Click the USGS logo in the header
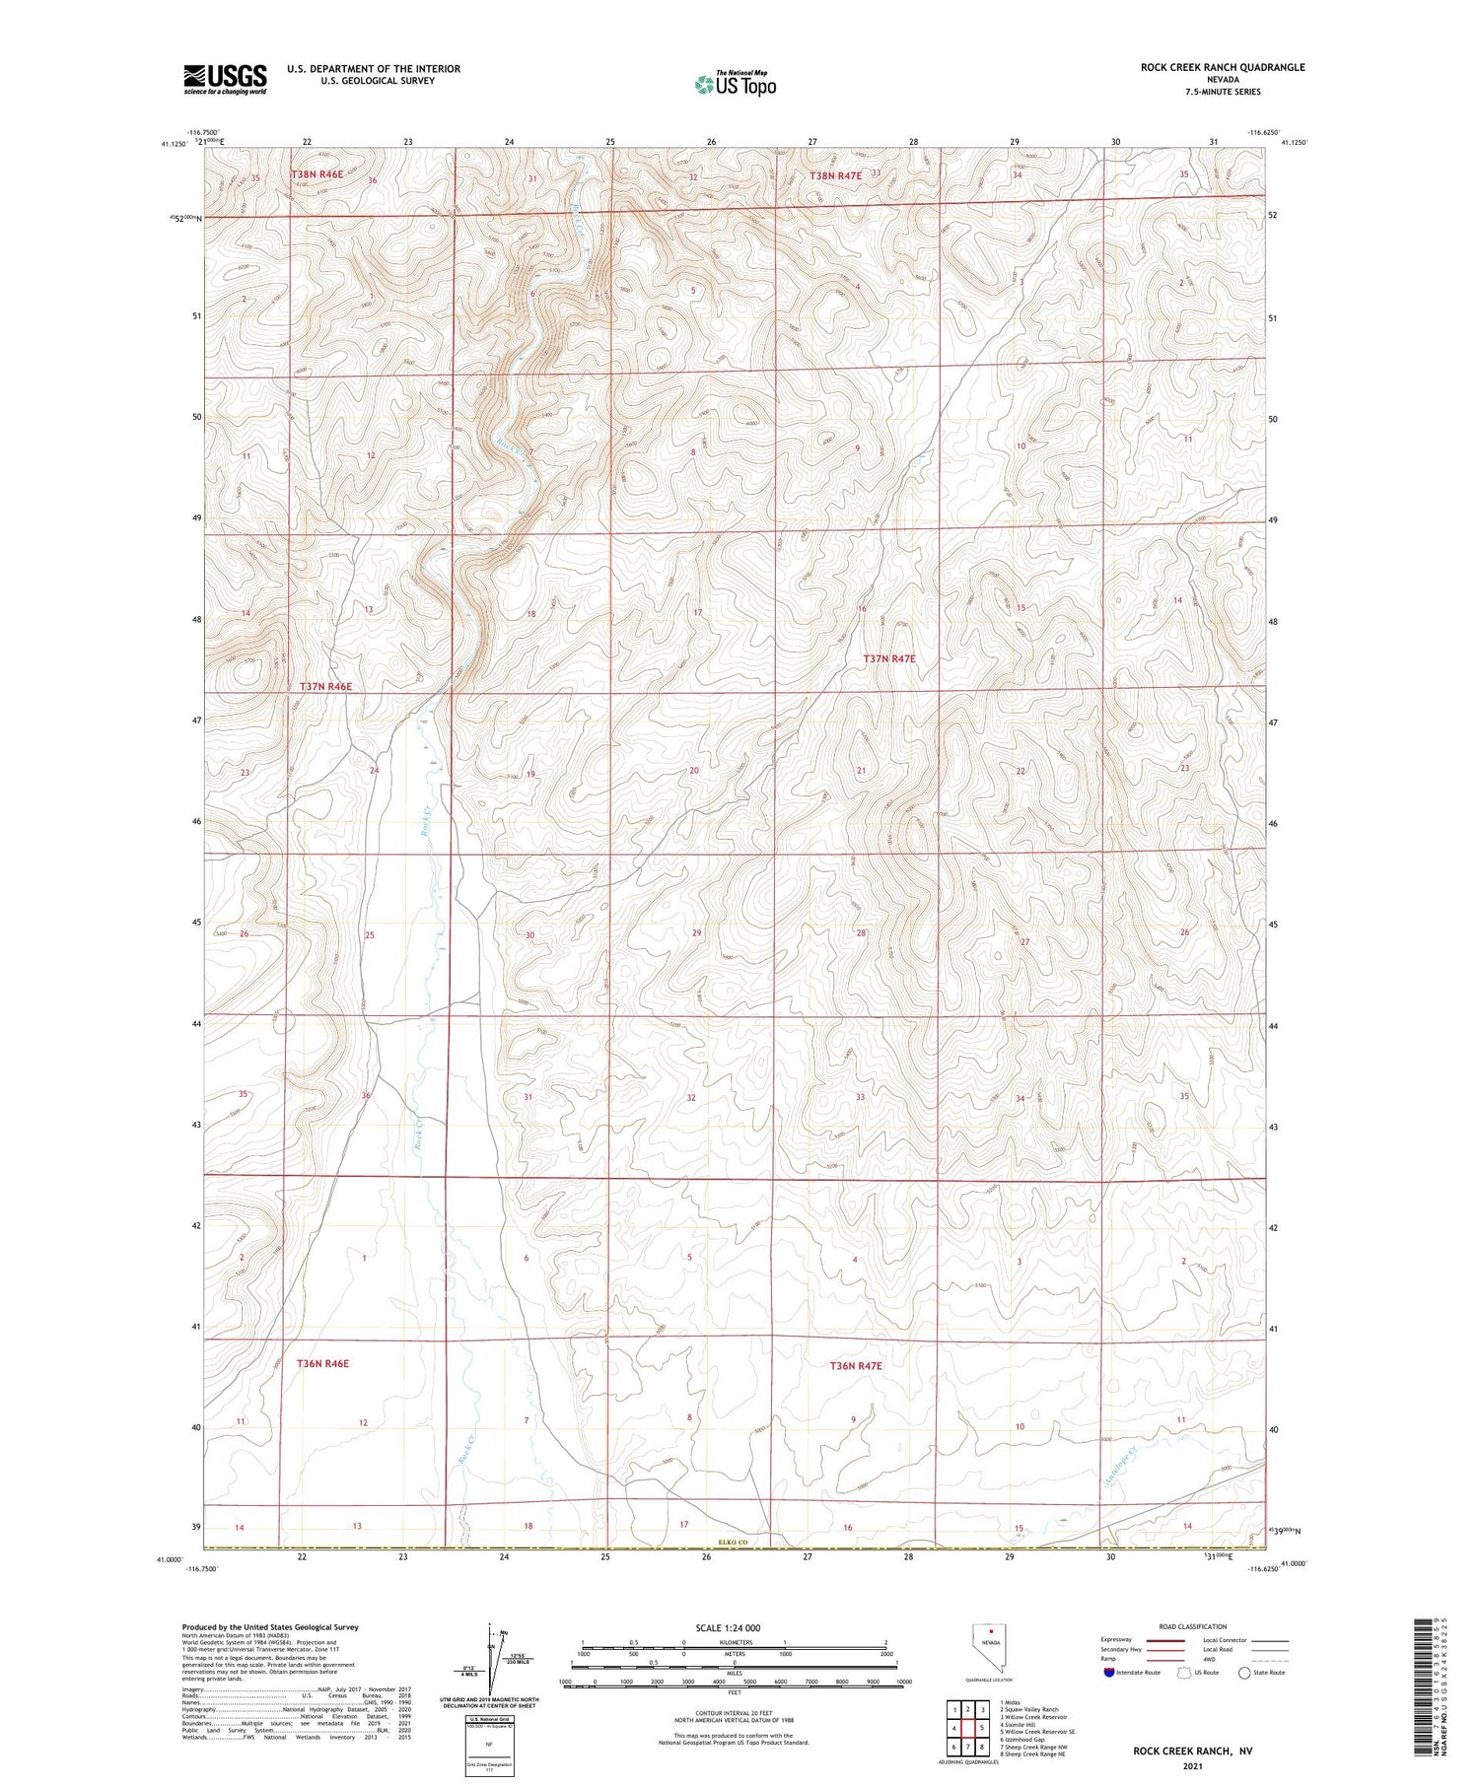(225, 79)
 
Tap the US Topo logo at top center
(736, 84)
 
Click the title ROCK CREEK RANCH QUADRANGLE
(1222, 67)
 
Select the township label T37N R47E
(889, 658)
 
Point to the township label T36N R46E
(322, 1364)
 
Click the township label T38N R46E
(317, 174)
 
